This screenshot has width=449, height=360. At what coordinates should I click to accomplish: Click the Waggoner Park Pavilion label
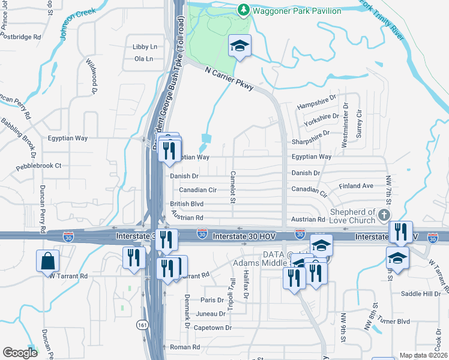297,10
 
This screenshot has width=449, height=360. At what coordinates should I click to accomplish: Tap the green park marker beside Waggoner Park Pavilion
243,10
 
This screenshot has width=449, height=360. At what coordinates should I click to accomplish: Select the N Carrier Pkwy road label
229,79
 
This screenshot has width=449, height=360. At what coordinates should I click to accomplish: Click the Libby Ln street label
145,46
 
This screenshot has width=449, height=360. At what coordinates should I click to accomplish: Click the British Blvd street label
187,204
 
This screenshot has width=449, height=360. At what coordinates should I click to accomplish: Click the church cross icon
384,215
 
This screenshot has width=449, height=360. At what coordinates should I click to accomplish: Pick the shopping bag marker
48,262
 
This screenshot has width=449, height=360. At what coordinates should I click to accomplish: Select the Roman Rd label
184,347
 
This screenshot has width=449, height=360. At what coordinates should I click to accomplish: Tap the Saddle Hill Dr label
420,294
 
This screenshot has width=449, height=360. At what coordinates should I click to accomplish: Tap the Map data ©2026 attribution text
424,355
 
